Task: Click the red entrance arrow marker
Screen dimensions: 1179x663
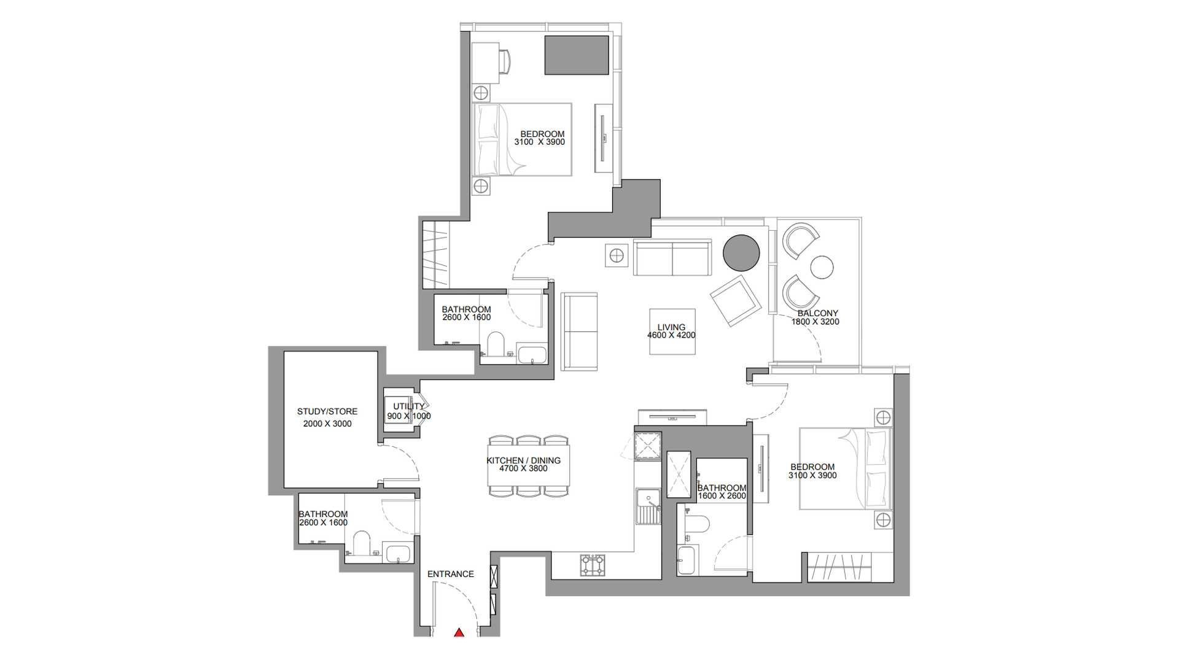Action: pyautogui.click(x=459, y=632)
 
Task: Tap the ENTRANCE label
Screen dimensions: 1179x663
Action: pyautogui.click(x=451, y=574)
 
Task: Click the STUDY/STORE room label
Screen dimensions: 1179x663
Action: pyautogui.click(x=327, y=411)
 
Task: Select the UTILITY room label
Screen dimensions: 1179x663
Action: pyautogui.click(x=408, y=406)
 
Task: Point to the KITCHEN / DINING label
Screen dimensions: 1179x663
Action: pyautogui.click(x=524, y=460)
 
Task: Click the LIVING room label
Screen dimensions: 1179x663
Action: pyautogui.click(x=671, y=327)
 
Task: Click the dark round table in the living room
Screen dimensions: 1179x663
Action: pyautogui.click(x=741, y=252)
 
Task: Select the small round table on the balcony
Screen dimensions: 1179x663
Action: pyautogui.click(x=822, y=267)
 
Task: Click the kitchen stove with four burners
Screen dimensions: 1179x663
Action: pyautogui.click(x=593, y=565)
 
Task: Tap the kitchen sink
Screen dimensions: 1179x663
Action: pyautogui.click(x=648, y=506)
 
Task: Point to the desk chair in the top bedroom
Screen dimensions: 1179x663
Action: pyautogui.click(x=505, y=61)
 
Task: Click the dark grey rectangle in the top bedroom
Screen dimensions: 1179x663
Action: pyautogui.click(x=577, y=55)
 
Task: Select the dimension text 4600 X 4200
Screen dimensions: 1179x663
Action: pyautogui.click(x=671, y=336)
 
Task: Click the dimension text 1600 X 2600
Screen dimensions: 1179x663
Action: pyautogui.click(x=722, y=496)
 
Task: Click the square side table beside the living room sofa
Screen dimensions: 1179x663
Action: pyautogui.click(x=617, y=255)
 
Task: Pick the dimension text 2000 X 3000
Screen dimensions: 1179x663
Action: pyautogui.click(x=327, y=424)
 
